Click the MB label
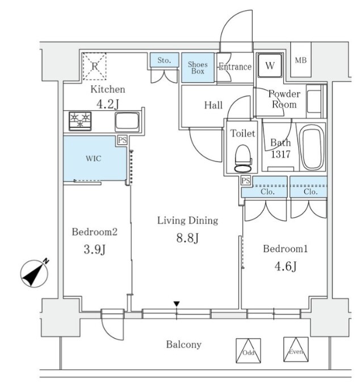[300, 60]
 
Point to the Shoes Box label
[198, 68]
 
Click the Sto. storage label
[165, 59]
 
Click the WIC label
[93, 158]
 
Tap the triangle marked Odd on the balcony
[247, 349]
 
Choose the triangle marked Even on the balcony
[295, 349]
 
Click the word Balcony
[184, 344]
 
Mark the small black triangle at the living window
[177, 305]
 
